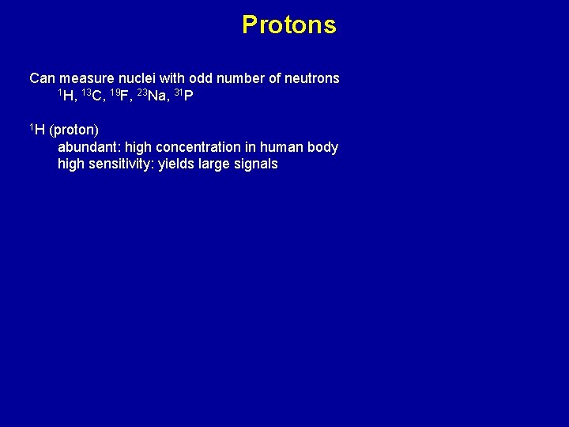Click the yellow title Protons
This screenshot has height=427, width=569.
point(288,25)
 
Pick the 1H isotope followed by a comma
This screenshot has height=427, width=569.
point(67,96)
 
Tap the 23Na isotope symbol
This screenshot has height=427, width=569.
point(151,96)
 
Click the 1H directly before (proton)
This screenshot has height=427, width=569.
point(37,129)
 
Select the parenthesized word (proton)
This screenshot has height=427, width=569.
point(73,130)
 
